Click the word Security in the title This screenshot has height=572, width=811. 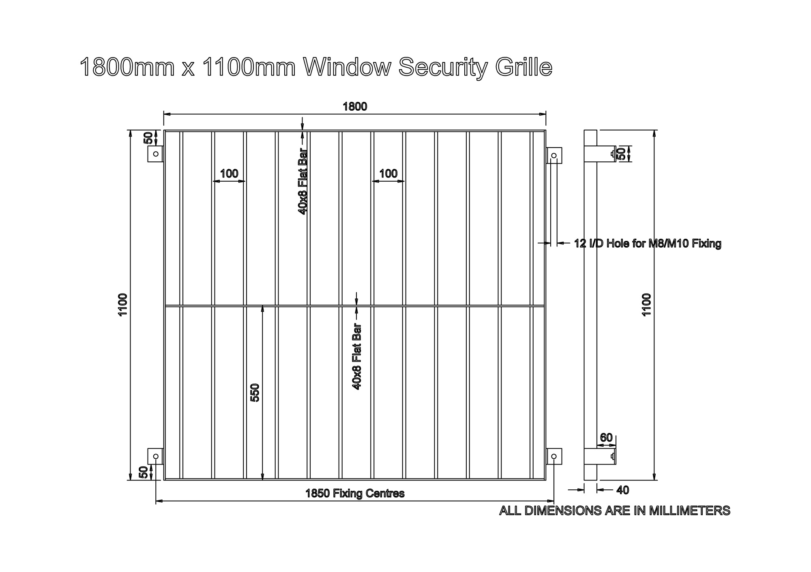[x=443, y=68]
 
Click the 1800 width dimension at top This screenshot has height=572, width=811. [x=355, y=107]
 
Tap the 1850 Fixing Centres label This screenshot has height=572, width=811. [x=355, y=493]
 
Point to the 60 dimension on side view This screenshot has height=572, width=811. [x=606, y=438]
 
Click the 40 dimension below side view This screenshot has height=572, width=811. [x=622, y=490]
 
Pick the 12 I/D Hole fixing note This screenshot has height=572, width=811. [x=648, y=244]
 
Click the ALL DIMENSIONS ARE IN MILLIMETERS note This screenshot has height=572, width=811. [x=614, y=510]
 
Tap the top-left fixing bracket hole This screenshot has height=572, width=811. [x=156, y=154]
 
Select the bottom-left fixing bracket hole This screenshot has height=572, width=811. [x=156, y=456]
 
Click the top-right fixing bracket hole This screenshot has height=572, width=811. [x=554, y=156]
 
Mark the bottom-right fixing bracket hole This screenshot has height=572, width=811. [x=554, y=456]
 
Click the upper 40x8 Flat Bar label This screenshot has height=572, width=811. [x=303, y=181]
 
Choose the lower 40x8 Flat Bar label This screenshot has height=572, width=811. [x=357, y=357]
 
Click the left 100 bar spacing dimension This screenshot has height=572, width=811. [x=229, y=174]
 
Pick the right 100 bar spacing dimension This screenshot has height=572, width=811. [x=388, y=174]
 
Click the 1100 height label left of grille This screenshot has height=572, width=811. [x=123, y=305]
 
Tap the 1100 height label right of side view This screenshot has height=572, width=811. [x=646, y=305]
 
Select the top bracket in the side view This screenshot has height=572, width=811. [x=606, y=154]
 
